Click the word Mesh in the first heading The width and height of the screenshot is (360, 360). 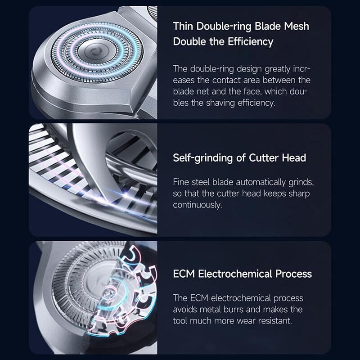297,26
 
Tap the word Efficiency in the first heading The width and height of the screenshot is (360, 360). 251,42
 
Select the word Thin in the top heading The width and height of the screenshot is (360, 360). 183,26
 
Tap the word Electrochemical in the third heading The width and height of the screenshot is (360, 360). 235,274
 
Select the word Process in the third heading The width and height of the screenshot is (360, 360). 294,274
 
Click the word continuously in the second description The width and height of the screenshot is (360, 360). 198,205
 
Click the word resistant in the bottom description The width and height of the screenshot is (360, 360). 275,321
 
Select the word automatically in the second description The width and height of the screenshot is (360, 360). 261,183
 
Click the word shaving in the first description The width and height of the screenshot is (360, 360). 220,103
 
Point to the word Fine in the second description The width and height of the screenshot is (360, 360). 181,182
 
